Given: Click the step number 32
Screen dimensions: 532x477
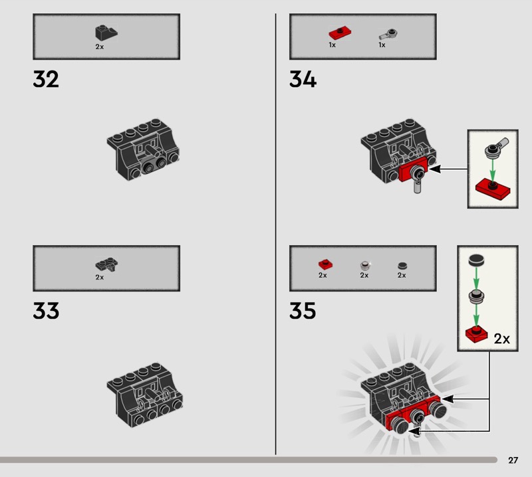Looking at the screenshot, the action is tap(46, 79).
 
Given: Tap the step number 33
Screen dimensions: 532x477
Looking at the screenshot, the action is tap(46, 310).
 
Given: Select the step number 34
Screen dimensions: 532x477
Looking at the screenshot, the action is tap(303, 79).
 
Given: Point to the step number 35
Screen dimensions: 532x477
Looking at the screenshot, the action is tap(303, 310).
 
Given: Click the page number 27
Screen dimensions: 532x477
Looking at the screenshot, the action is tap(513, 460).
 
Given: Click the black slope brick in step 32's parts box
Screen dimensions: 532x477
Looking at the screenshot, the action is tap(106, 33).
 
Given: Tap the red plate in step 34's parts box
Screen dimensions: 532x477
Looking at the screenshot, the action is tap(340, 33).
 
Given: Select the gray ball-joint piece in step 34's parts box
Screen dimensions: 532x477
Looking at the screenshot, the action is tap(388, 35).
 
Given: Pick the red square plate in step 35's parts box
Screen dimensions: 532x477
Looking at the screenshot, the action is tap(325, 264).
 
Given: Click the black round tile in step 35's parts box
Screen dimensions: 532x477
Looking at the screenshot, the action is tap(402, 266).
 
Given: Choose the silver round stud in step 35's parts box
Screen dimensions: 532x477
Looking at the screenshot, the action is tap(364, 265).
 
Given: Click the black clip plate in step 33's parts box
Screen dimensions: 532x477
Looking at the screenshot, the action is tap(106, 264).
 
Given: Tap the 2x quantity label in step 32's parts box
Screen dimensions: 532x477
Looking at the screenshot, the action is tap(99, 47).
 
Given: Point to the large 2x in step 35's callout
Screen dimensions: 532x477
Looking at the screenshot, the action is tap(502, 339).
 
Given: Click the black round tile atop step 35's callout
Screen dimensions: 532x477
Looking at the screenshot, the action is tap(476, 260).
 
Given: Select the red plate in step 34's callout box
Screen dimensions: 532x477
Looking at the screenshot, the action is tap(493, 189).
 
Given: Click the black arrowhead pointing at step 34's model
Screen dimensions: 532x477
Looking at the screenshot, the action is tap(436, 169).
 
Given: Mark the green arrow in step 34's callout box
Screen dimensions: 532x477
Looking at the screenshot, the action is tap(493, 171).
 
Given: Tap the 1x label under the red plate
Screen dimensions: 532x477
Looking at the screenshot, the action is tap(332, 45).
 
